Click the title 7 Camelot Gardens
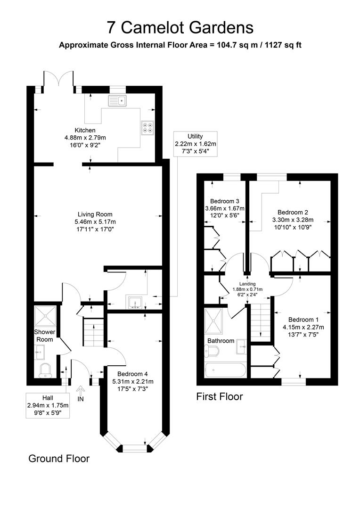click(180, 28)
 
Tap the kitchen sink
click(117, 101)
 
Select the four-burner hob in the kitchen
click(147, 127)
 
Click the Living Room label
click(95, 214)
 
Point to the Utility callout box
click(196, 144)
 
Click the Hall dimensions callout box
click(48, 405)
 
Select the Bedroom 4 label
click(132, 374)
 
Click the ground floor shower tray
click(45, 315)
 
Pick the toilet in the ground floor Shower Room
click(45, 371)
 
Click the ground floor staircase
click(93, 332)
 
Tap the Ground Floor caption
click(59, 459)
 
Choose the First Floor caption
click(220, 396)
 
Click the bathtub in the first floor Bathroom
click(226, 370)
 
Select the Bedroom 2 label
click(293, 212)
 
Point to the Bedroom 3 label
click(225, 201)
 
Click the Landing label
click(247, 284)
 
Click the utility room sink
click(135, 302)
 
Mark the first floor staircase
click(261, 322)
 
